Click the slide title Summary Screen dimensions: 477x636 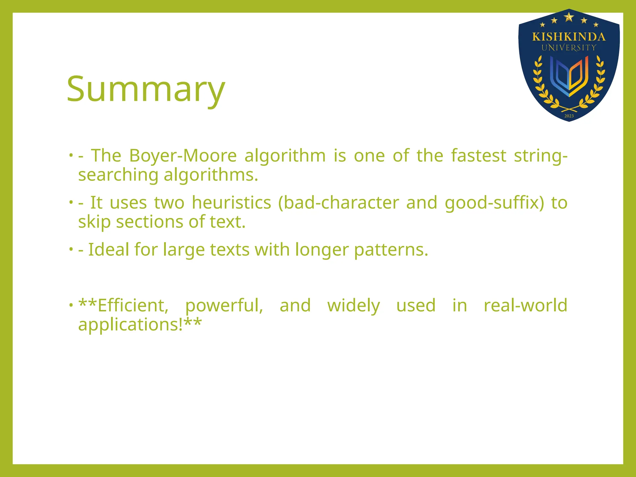(x=146, y=89)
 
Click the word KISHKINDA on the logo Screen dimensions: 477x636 (x=569, y=37)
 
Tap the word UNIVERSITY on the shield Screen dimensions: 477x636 (x=569, y=48)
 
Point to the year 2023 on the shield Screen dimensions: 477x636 (x=569, y=116)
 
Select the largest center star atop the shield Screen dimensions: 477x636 (x=569, y=17)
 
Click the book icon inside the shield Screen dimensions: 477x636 (x=569, y=76)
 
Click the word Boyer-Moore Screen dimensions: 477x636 (x=183, y=156)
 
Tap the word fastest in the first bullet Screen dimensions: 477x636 (x=479, y=156)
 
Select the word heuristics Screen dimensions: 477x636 (x=231, y=203)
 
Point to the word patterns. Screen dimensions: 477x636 (x=391, y=250)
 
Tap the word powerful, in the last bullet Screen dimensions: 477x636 (x=224, y=306)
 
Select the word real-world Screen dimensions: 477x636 (x=525, y=305)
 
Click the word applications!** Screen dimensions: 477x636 (x=140, y=325)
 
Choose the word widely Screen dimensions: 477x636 (x=353, y=306)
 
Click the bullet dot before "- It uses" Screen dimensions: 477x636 (x=71, y=202)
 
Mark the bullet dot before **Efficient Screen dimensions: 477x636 (x=71, y=305)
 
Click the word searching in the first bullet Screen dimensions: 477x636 (x=118, y=175)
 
